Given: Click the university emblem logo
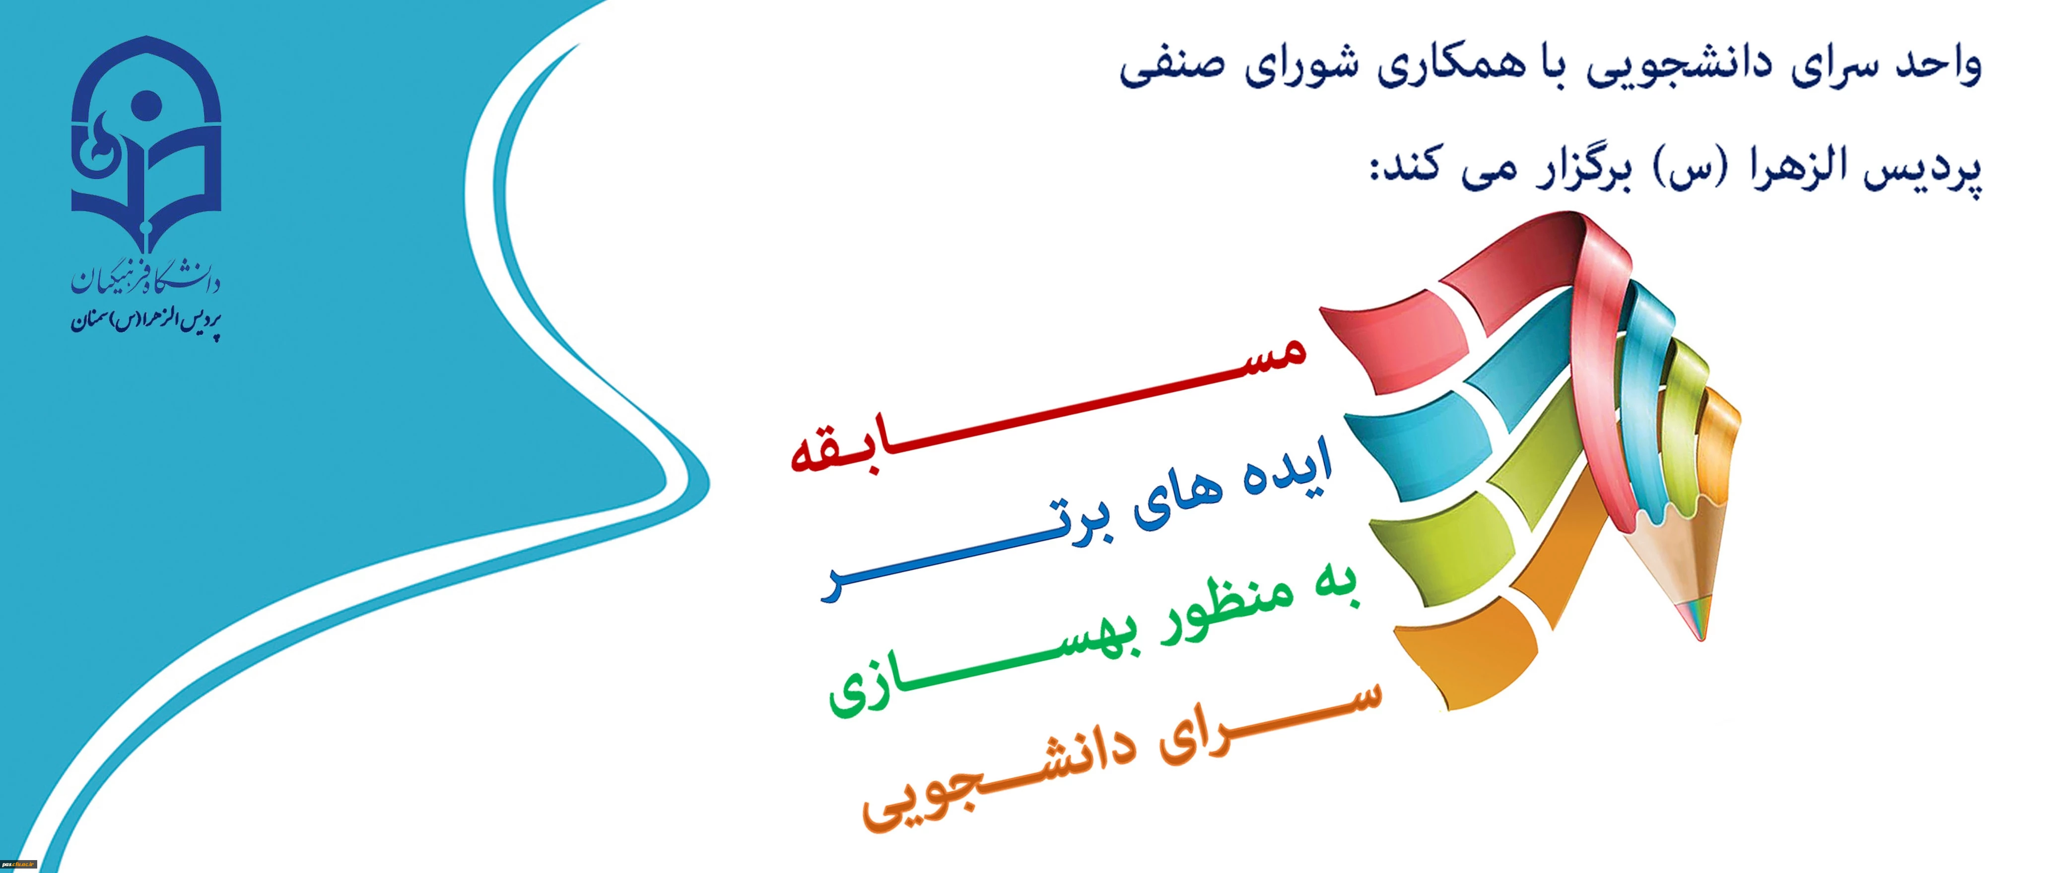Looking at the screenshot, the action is pos(146,143).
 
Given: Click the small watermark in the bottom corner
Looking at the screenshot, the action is pos(19,864).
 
